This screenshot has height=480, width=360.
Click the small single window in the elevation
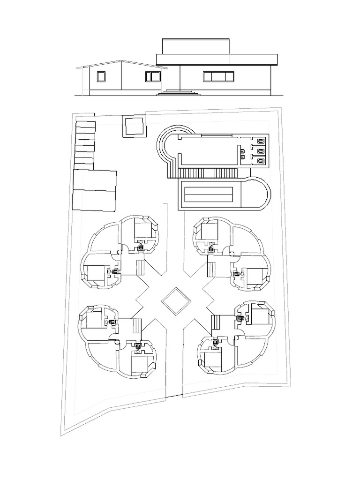coord(101,77)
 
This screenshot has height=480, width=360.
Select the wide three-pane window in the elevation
coord(218,76)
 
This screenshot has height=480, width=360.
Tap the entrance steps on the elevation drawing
coord(178,92)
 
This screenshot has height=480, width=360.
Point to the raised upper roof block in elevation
coord(196,46)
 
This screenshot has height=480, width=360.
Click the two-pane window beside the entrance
coord(153,76)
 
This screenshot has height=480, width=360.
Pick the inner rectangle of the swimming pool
coord(210,193)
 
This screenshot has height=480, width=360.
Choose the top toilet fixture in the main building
coord(260,140)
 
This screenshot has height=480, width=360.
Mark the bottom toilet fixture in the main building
coord(260,160)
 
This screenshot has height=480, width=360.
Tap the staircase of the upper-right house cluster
coord(211,270)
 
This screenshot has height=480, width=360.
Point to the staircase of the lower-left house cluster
coord(137,325)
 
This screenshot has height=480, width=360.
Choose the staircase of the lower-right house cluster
coord(216,323)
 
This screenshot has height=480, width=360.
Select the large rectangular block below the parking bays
coord(94,190)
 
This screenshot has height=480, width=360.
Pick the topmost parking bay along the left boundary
coord(85,125)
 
